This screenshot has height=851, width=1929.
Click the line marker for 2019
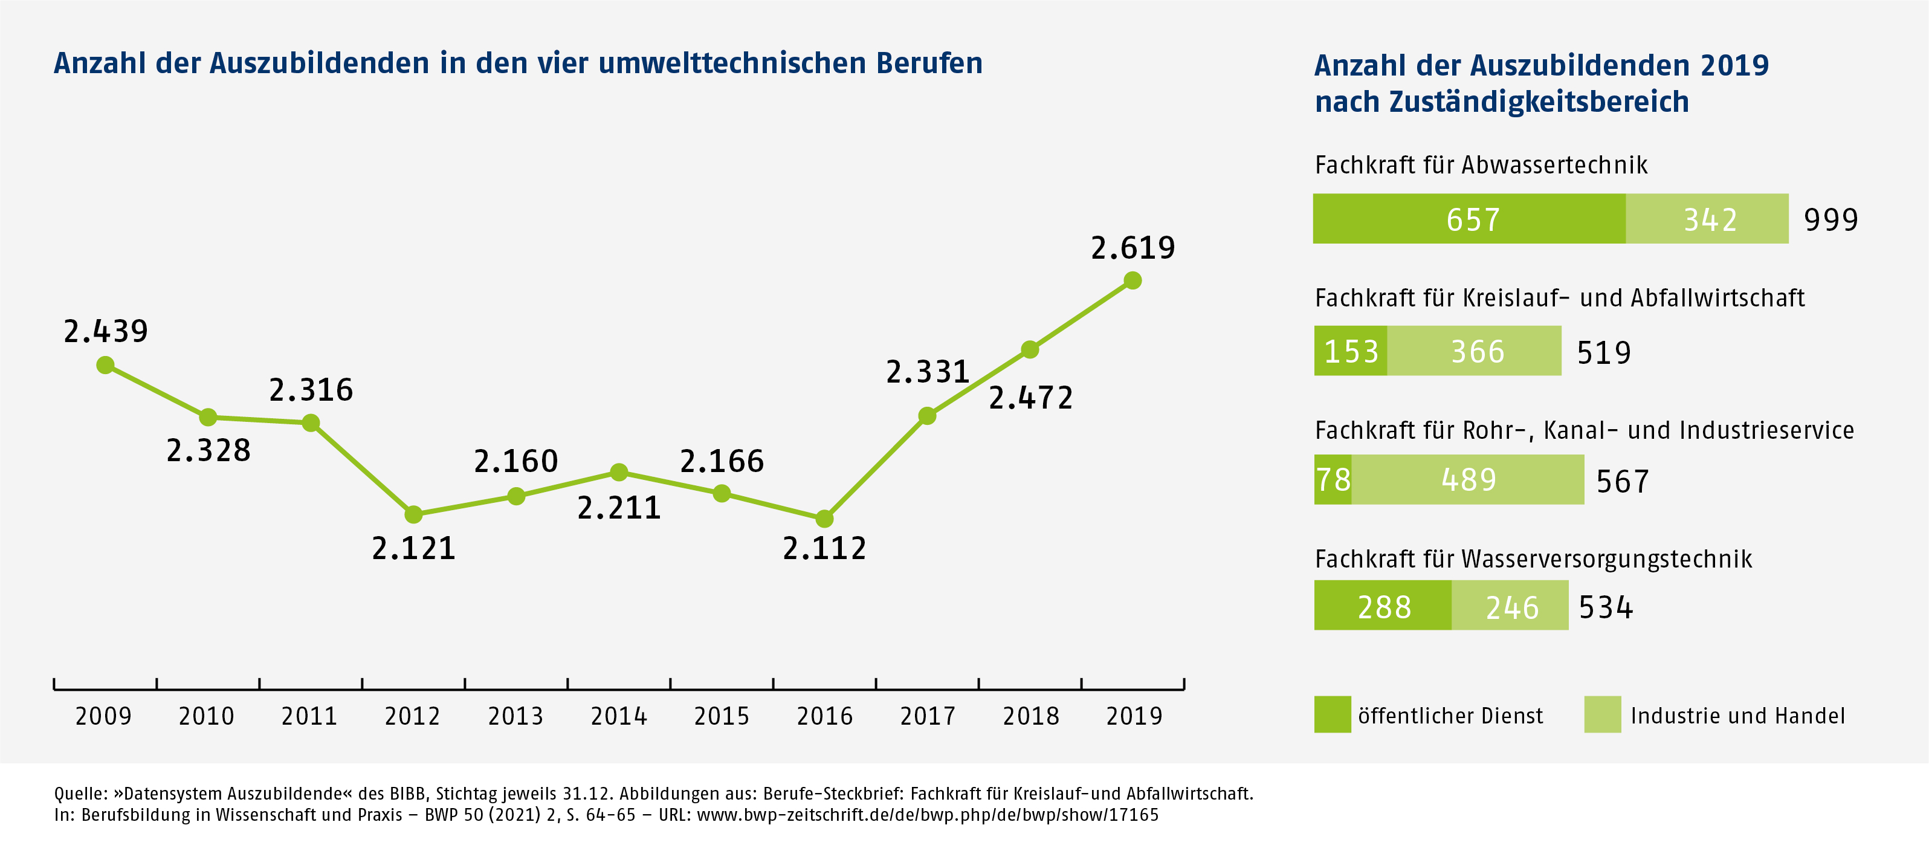(x=1133, y=280)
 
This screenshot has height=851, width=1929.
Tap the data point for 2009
(x=106, y=365)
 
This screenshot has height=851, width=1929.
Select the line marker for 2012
(x=413, y=514)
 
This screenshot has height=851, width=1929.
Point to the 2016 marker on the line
(x=824, y=519)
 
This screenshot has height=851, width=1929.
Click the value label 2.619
(x=1133, y=248)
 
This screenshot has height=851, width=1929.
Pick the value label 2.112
(x=824, y=548)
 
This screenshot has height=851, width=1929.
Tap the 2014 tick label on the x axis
(x=619, y=716)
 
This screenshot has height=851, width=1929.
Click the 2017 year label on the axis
(x=927, y=716)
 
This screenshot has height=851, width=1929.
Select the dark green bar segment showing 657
(x=1469, y=219)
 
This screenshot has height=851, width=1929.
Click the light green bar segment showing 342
(x=1707, y=219)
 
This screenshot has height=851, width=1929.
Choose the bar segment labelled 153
(x=1350, y=351)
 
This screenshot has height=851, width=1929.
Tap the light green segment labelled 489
(x=1468, y=479)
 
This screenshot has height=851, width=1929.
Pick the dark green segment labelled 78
(x=1333, y=479)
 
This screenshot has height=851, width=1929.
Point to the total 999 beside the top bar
(x=1831, y=219)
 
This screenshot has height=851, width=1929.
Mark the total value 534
(x=1606, y=607)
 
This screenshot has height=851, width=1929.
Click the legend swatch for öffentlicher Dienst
(x=1332, y=714)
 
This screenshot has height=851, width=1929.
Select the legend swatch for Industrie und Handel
(x=1603, y=714)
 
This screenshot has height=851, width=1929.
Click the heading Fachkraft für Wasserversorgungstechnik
(x=1533, y=559)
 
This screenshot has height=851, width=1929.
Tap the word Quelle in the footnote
(x=79, y=794)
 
